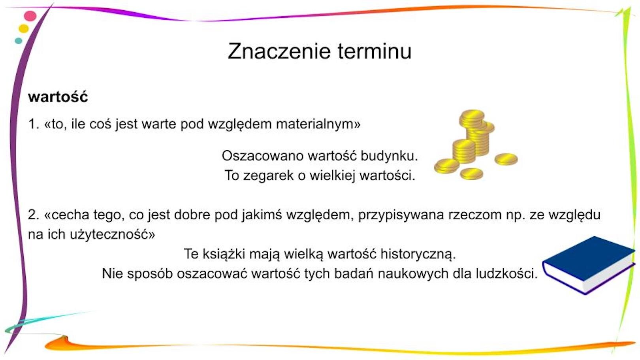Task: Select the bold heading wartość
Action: [58, 97]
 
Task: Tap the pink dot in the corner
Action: [30, 16]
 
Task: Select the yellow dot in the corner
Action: [24, 28]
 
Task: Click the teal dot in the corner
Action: [18, 41]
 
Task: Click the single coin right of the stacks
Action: [506, 159]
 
